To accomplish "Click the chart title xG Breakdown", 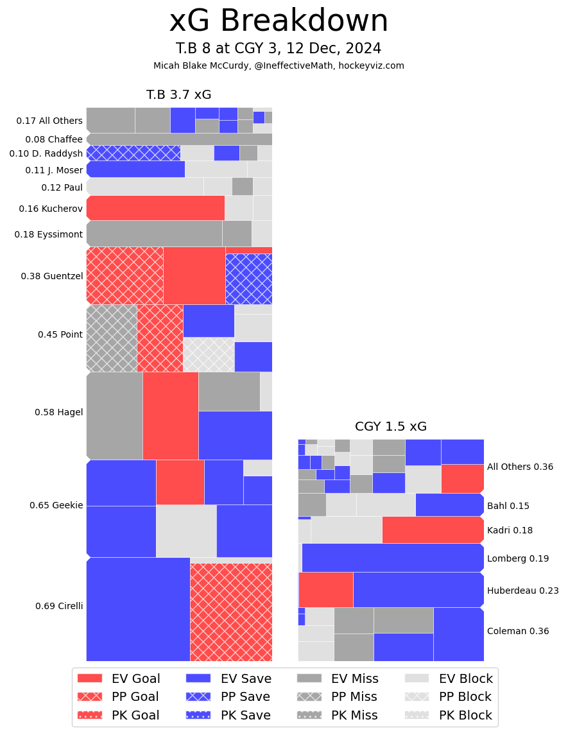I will click(279, 22).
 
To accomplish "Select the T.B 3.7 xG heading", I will click(178, 95).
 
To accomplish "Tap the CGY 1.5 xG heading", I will click(390, 427).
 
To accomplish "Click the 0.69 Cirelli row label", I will click(59, 606).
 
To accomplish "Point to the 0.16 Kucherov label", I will click(51, 209).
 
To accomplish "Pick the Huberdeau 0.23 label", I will click(522, 591).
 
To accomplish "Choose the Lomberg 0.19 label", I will click(517, 558).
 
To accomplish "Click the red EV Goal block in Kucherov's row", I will click(155, 208).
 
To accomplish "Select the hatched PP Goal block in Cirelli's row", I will click(231, 612).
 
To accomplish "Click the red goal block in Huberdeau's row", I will click(326, 589).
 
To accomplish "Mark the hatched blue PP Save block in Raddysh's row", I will click(133, 153).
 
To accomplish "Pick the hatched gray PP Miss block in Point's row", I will click(112, 338).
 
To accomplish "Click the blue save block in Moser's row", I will click(136, 169).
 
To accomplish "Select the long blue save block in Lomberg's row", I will click(392, 558).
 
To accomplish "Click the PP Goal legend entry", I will click(119, 696).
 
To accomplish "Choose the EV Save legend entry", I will click(228, 678).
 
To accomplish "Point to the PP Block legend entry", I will click(449, 696).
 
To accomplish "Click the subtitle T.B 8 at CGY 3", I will click(279, 49).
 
